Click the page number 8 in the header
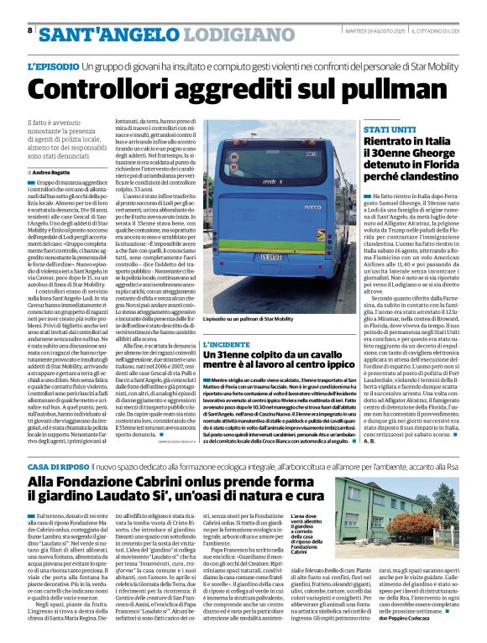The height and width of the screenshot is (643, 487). (x=30, y=30)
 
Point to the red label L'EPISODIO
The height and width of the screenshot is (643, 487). (x=55, y=65)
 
